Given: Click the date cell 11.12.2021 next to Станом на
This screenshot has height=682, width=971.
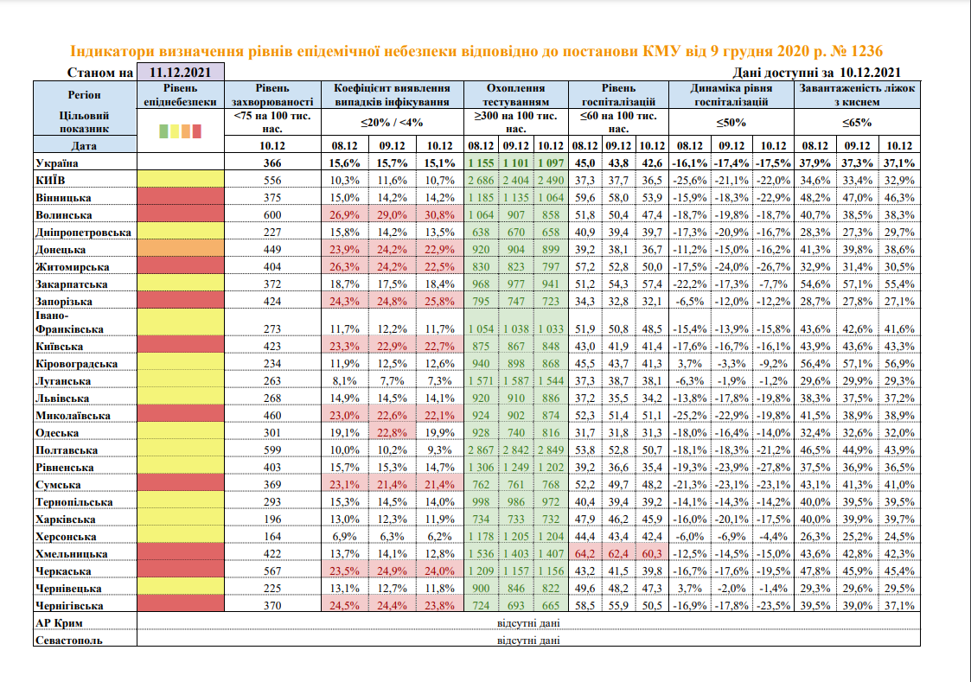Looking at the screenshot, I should point(181,73).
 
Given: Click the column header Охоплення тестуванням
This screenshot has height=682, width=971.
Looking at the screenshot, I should point(515,94).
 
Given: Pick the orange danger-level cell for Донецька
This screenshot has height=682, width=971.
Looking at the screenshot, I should point(180,249).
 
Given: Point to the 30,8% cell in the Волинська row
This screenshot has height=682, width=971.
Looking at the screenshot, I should point(440,214).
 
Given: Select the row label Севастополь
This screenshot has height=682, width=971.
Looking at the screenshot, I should point(69,640).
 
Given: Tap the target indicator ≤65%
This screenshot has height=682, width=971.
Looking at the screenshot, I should point(856,122).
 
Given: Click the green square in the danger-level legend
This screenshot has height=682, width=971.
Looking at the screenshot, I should point(164,131).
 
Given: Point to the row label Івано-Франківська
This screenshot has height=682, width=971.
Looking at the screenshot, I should point(70,322).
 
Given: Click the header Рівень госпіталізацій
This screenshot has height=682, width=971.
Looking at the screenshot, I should point(618,94).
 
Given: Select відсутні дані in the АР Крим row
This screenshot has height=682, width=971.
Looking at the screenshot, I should point(529,622).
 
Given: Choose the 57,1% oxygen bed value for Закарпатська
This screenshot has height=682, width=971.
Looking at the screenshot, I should point(856,284).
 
